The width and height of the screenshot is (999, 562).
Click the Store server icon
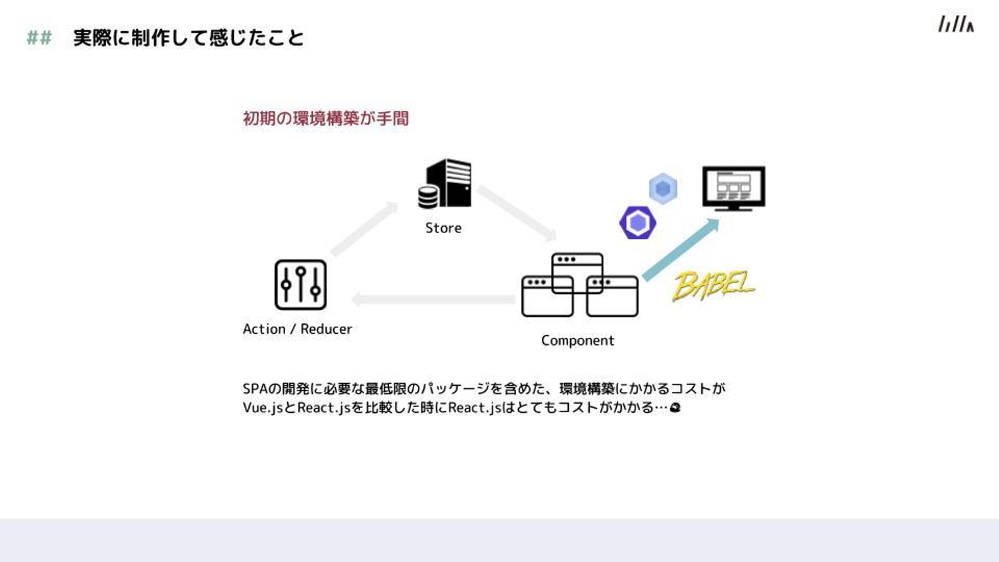[445, 183]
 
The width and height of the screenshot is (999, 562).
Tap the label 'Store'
[443, 228]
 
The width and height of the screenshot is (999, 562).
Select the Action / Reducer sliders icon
[300, 284]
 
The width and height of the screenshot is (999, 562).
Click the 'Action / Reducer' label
[298, 330]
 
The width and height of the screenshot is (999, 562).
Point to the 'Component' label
[578, 341]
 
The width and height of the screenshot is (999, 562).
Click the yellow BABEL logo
[713, 285]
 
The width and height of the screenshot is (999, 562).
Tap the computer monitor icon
[733, 188]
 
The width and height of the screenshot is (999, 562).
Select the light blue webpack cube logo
[663, 189]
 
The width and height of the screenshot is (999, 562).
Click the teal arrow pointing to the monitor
[680, 250]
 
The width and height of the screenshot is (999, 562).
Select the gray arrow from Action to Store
[364, 230]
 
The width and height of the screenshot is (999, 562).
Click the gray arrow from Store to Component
[516, 212]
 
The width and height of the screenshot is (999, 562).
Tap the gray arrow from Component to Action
[434, 300]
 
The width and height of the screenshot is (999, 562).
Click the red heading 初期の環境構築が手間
[325, 119]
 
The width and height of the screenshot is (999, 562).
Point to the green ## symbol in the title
[40, 38]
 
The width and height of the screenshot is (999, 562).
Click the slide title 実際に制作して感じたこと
[189, 38]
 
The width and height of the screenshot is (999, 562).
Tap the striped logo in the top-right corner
[955, 24]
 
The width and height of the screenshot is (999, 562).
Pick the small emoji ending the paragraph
[675, 408]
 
